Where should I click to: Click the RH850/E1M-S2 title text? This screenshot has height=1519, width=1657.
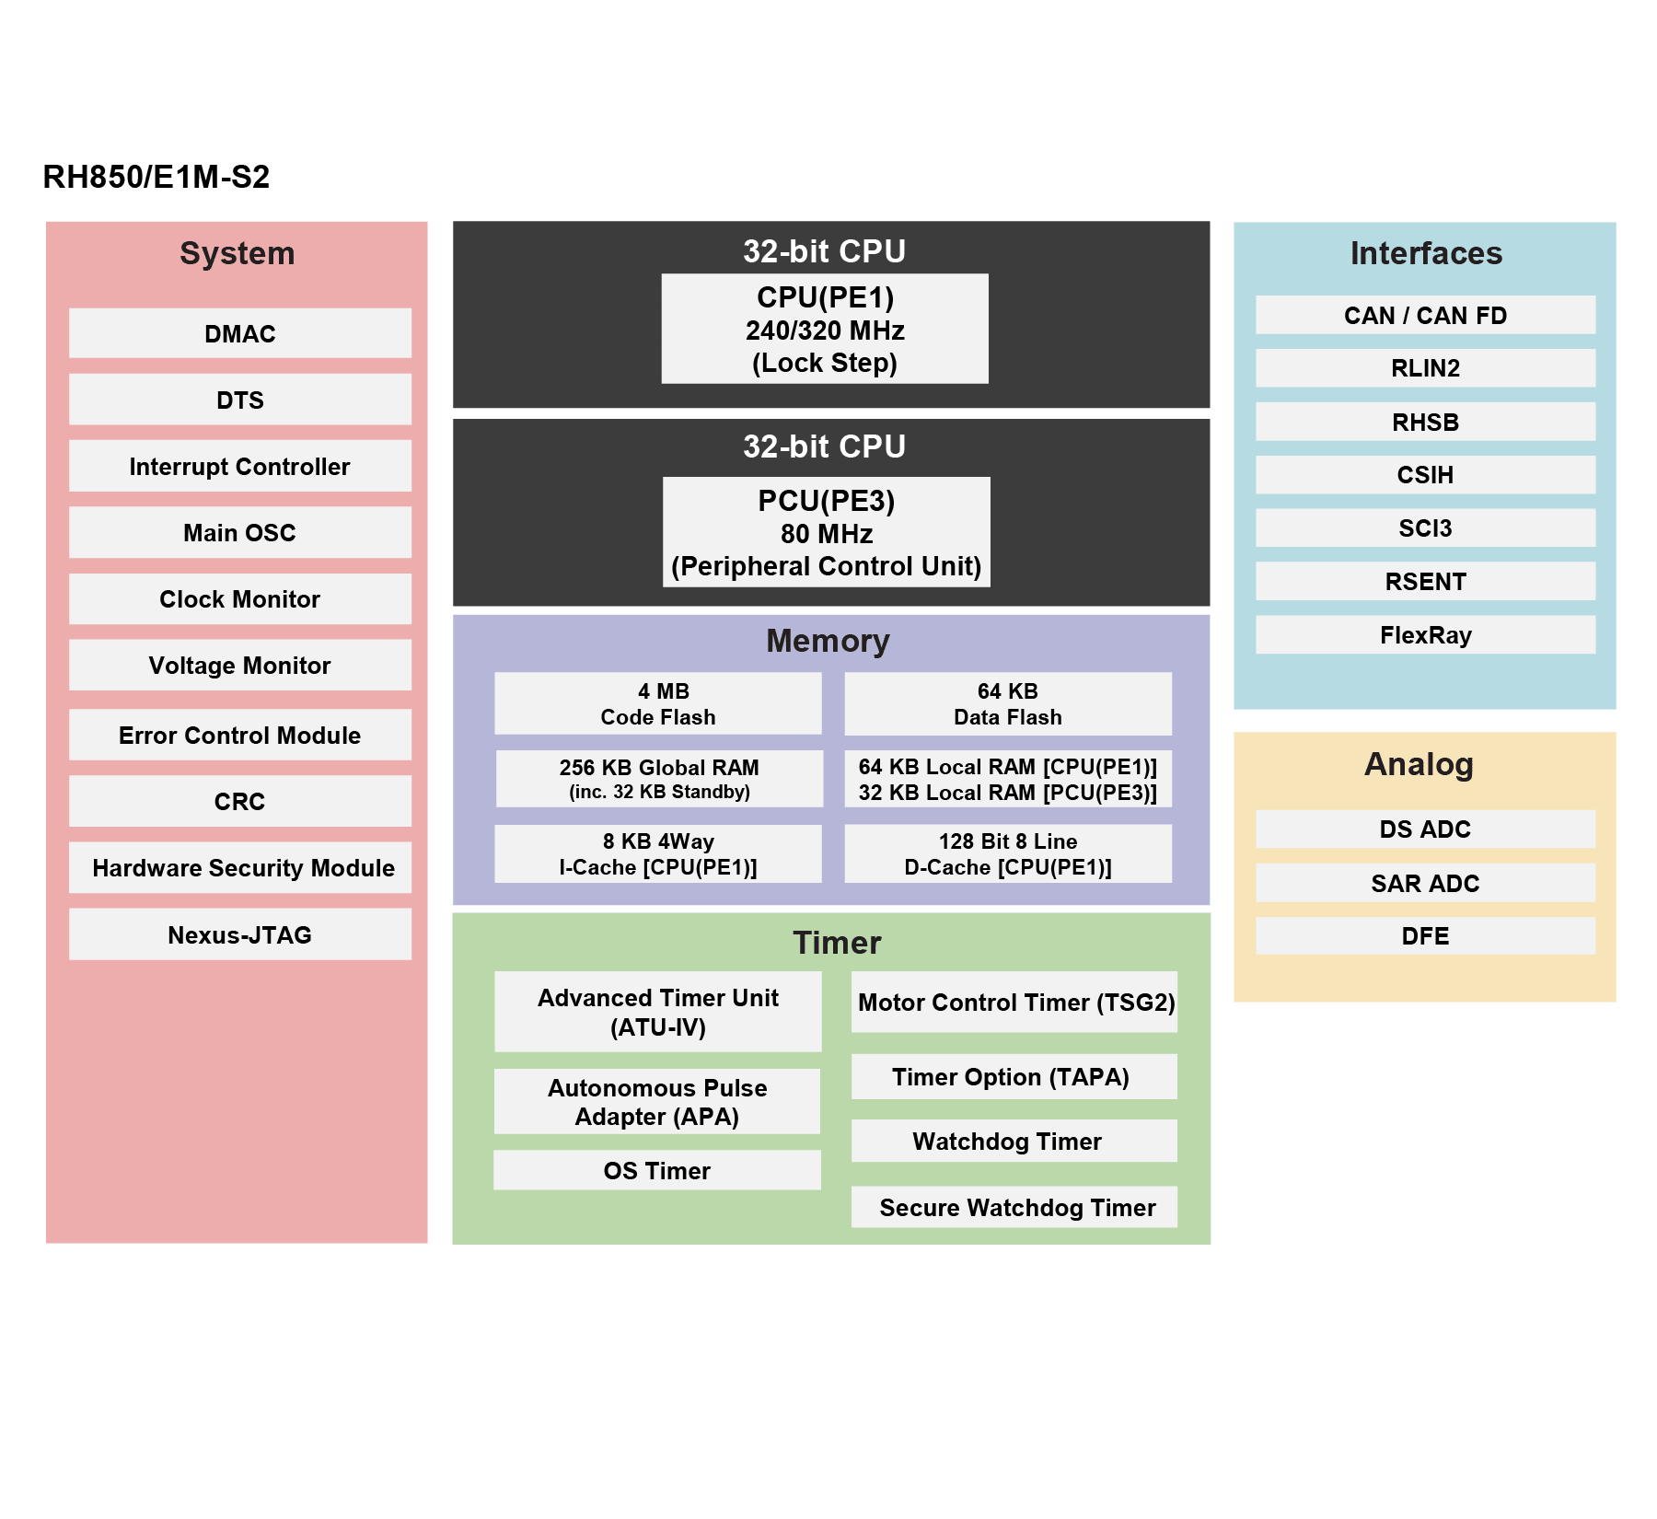[x=156, y=177]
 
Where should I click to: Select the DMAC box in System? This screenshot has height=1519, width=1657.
[x=239, y=333]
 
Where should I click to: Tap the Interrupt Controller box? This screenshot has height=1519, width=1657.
[x=239, y=466]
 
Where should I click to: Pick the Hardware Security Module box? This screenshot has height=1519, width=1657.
[x=239, y=867]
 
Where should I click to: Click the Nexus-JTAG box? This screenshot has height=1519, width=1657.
[x=239, y=934]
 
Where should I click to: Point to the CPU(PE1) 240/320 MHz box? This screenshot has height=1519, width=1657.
[x=825, y=329]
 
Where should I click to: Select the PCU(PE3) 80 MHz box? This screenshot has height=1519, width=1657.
[x=826, y=532]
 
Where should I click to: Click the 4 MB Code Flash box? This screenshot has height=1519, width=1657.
[x=657, y=703]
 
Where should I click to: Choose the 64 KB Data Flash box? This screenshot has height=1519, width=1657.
[x=1008, y=703]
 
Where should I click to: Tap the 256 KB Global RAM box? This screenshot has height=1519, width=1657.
[x=659, y=779]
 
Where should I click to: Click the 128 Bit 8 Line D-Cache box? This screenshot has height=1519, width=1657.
[x=1008, y=853]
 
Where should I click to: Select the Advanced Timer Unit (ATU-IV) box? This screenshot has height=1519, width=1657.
[x=657, y=1012]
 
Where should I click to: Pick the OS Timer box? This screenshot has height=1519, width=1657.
[x=656, y=1170]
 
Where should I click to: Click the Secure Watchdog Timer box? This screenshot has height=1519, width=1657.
[x=1014, y=1207]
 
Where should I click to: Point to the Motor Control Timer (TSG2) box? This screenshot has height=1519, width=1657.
[x=1014, y=1002]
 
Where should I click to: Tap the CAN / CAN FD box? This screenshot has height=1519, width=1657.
[x=1425, y=315]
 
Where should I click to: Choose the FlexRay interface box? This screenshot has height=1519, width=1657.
[x=1425, y=634]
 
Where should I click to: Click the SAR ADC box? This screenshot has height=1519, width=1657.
[x=1425, y=883]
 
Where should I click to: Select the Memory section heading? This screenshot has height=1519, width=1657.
[x=828, y=641]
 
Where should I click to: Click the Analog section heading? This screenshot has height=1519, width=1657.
[x=1419, y=764]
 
